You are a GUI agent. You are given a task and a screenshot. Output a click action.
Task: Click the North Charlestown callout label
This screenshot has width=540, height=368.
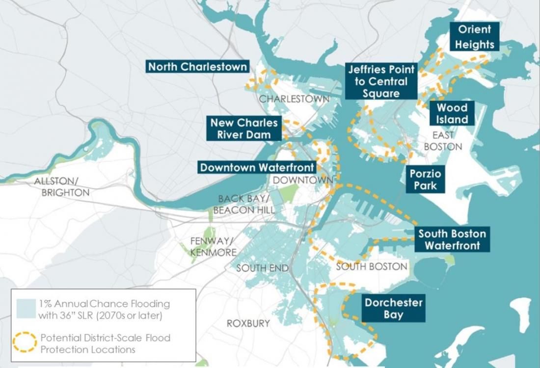198,67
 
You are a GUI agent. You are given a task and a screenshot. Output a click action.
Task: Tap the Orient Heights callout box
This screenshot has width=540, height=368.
474,37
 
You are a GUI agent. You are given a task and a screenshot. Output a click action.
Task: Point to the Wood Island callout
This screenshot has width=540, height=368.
452,113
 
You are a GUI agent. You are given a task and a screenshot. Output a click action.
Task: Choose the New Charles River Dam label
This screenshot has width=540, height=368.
244,129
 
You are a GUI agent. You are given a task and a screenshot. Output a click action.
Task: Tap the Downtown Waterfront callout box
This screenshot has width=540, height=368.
257,167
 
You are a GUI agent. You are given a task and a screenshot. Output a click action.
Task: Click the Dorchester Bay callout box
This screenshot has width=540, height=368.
393,308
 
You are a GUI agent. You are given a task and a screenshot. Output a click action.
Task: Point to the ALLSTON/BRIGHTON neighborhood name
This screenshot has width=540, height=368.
62,187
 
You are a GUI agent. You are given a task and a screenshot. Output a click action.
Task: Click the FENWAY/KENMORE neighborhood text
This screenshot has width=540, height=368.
213,246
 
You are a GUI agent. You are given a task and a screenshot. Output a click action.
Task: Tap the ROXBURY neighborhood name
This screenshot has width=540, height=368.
248,323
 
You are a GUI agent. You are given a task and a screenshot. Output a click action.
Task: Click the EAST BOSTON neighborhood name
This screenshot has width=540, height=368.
443,141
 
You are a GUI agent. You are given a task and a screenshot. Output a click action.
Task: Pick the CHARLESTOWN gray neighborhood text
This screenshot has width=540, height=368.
294,99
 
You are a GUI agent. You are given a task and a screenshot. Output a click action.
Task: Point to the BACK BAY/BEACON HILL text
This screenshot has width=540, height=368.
244,204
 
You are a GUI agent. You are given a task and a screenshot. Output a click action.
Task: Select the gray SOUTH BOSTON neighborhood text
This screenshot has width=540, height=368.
372,266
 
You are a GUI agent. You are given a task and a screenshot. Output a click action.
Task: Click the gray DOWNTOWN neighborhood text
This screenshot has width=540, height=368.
303,181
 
